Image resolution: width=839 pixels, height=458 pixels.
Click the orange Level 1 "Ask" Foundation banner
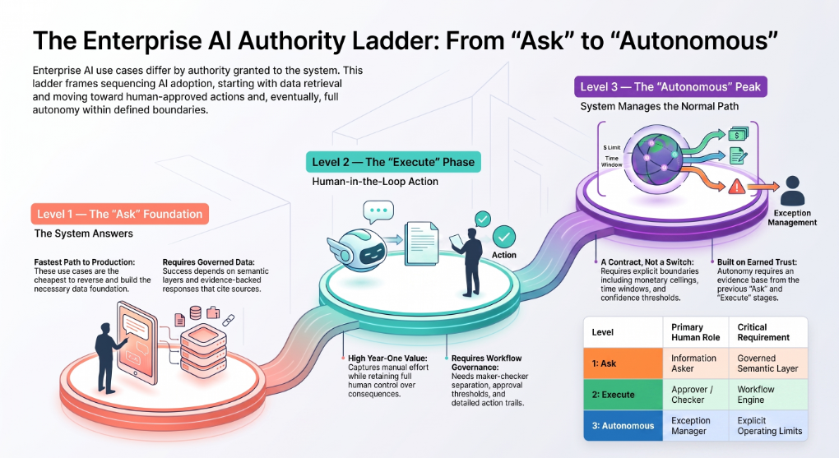(x=119, y=214)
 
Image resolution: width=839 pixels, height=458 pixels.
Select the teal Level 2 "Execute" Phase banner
(x=393, y=162)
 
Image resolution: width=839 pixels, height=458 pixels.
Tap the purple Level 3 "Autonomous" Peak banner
(x=670, y=86)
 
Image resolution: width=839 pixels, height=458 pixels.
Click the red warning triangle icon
(x=737, y=186)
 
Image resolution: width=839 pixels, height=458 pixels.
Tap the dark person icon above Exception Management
(x=792, y=191)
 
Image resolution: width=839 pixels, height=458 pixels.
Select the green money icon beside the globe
(x=738, y=134)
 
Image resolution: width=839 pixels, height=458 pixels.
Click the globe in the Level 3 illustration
(x=657, y=158)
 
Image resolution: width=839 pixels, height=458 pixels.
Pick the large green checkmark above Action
(x=504, y=237)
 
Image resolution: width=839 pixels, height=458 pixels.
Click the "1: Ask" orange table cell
(x=623, y=363)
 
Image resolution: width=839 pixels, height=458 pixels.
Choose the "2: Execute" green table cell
(x=623, y=395)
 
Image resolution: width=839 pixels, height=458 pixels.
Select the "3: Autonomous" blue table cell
(x=623, y=426)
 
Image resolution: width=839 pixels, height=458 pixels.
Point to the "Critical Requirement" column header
(x=763, y=332)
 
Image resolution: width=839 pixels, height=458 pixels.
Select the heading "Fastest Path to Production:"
(x=85, y=262)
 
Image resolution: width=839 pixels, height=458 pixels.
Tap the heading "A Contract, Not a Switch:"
(x=647, y=262)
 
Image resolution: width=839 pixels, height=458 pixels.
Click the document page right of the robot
(x=422, y=243)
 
